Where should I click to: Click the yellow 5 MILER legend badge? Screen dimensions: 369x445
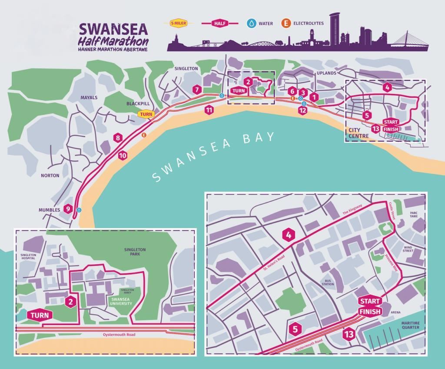pyautogui.click(x=177, y=23)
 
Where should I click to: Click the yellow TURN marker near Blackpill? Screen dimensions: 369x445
pyautogui.click(x=146, y=114)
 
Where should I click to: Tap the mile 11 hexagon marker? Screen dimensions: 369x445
pyautogui.click(x=209, y=110)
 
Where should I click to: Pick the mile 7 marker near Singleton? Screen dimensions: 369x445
pyautogui.click(x=197, y=90)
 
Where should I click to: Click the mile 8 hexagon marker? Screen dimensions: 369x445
pyautogui.click(x=117, y=138)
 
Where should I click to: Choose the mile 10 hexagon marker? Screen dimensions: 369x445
pyautogui.click(x=123, y=155)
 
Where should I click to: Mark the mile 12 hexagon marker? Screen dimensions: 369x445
pyautogui.click(x=303, y=110)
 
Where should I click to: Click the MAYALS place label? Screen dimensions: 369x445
pyautogui.click(x=89, y=97)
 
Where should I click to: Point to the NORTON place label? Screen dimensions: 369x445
pyautogui.click(x=50, y=176)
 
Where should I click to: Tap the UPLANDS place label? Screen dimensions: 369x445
pyautogui.click(x=326, y=73)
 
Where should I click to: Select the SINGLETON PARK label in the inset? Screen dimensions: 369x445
pyautogui.click(x=135, y=252)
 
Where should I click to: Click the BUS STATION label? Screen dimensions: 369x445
pyautogui.click(x=328, y=283)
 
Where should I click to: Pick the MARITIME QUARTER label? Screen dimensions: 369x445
pyautogui.click(x=411, y=325)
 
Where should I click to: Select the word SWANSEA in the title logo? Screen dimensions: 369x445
pyautogui.click(x=113, y=30)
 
